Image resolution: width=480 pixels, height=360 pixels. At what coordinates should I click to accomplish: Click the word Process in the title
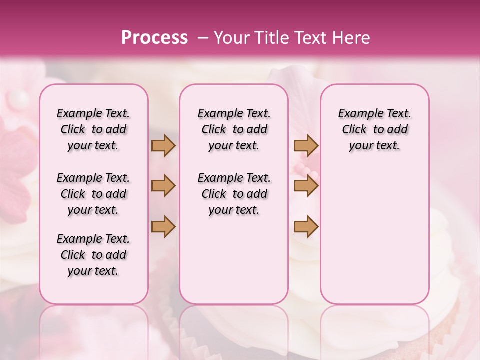[x=154, y=38]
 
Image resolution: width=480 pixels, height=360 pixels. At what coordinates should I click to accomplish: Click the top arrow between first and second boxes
[x=163, y=145]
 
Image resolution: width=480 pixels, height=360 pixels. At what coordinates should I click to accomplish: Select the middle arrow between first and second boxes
[x=163, y=186]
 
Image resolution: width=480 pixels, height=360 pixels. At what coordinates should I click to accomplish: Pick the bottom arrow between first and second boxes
[x=163, y=226]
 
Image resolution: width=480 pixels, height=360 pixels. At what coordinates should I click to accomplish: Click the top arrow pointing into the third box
[x=306, y=145]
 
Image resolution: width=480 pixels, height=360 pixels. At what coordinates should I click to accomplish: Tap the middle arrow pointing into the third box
[x=306, y=186]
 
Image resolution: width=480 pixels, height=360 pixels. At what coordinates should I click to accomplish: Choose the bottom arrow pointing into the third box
[x=306, y=226]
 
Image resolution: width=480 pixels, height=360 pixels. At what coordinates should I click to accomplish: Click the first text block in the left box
[x=93, y=129]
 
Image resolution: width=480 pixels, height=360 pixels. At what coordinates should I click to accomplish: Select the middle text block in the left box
[x=93, y=194]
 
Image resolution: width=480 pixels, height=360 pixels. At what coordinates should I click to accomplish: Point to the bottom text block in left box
[x=93, y=255]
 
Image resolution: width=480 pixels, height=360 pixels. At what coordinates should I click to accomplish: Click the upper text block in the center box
[x=234, y=129]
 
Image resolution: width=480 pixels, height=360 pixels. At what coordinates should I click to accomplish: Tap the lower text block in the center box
[x=234, y=194]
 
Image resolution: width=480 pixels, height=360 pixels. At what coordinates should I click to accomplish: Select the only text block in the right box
[x=374, y=129]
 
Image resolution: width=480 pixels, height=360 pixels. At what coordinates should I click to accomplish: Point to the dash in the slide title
[x=202, y=38]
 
